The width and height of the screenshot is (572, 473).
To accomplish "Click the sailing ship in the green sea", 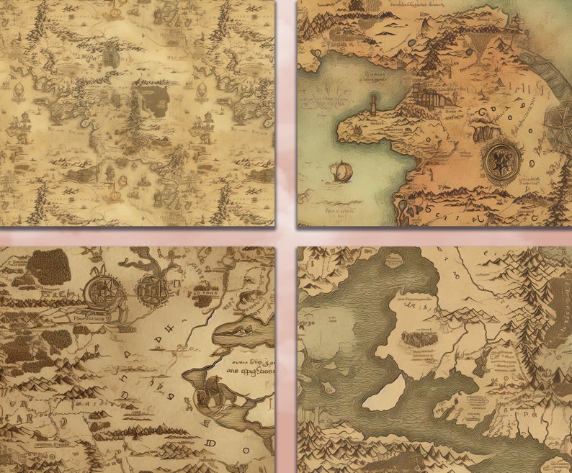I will [x=342, y=170].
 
